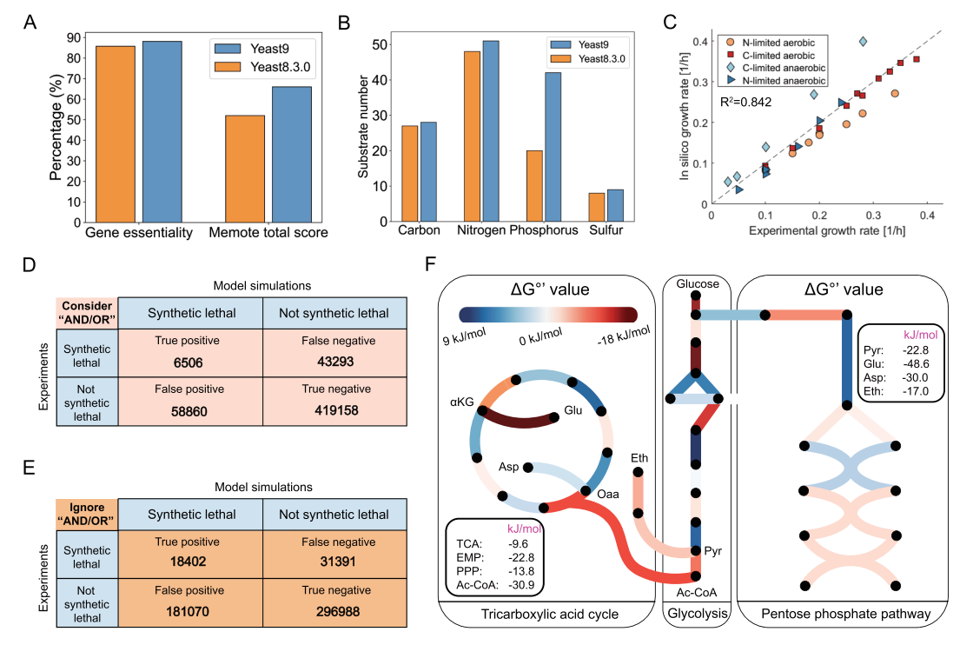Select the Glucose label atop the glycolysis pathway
(x=696, y=284)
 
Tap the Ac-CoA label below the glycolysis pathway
(x=695, y=592)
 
